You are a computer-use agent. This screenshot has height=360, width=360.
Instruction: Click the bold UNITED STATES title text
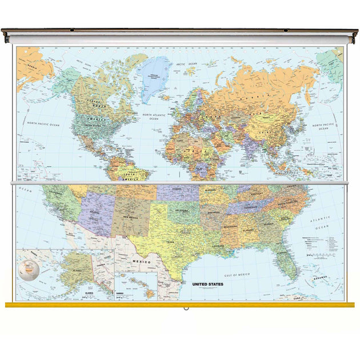pyautogui.click(x=207, y=283)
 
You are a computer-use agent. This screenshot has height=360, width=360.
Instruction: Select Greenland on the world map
pyautogui.click(x=155, y=78)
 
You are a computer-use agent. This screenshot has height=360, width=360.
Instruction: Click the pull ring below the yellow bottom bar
pyautogui.click(x=186, y=310)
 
